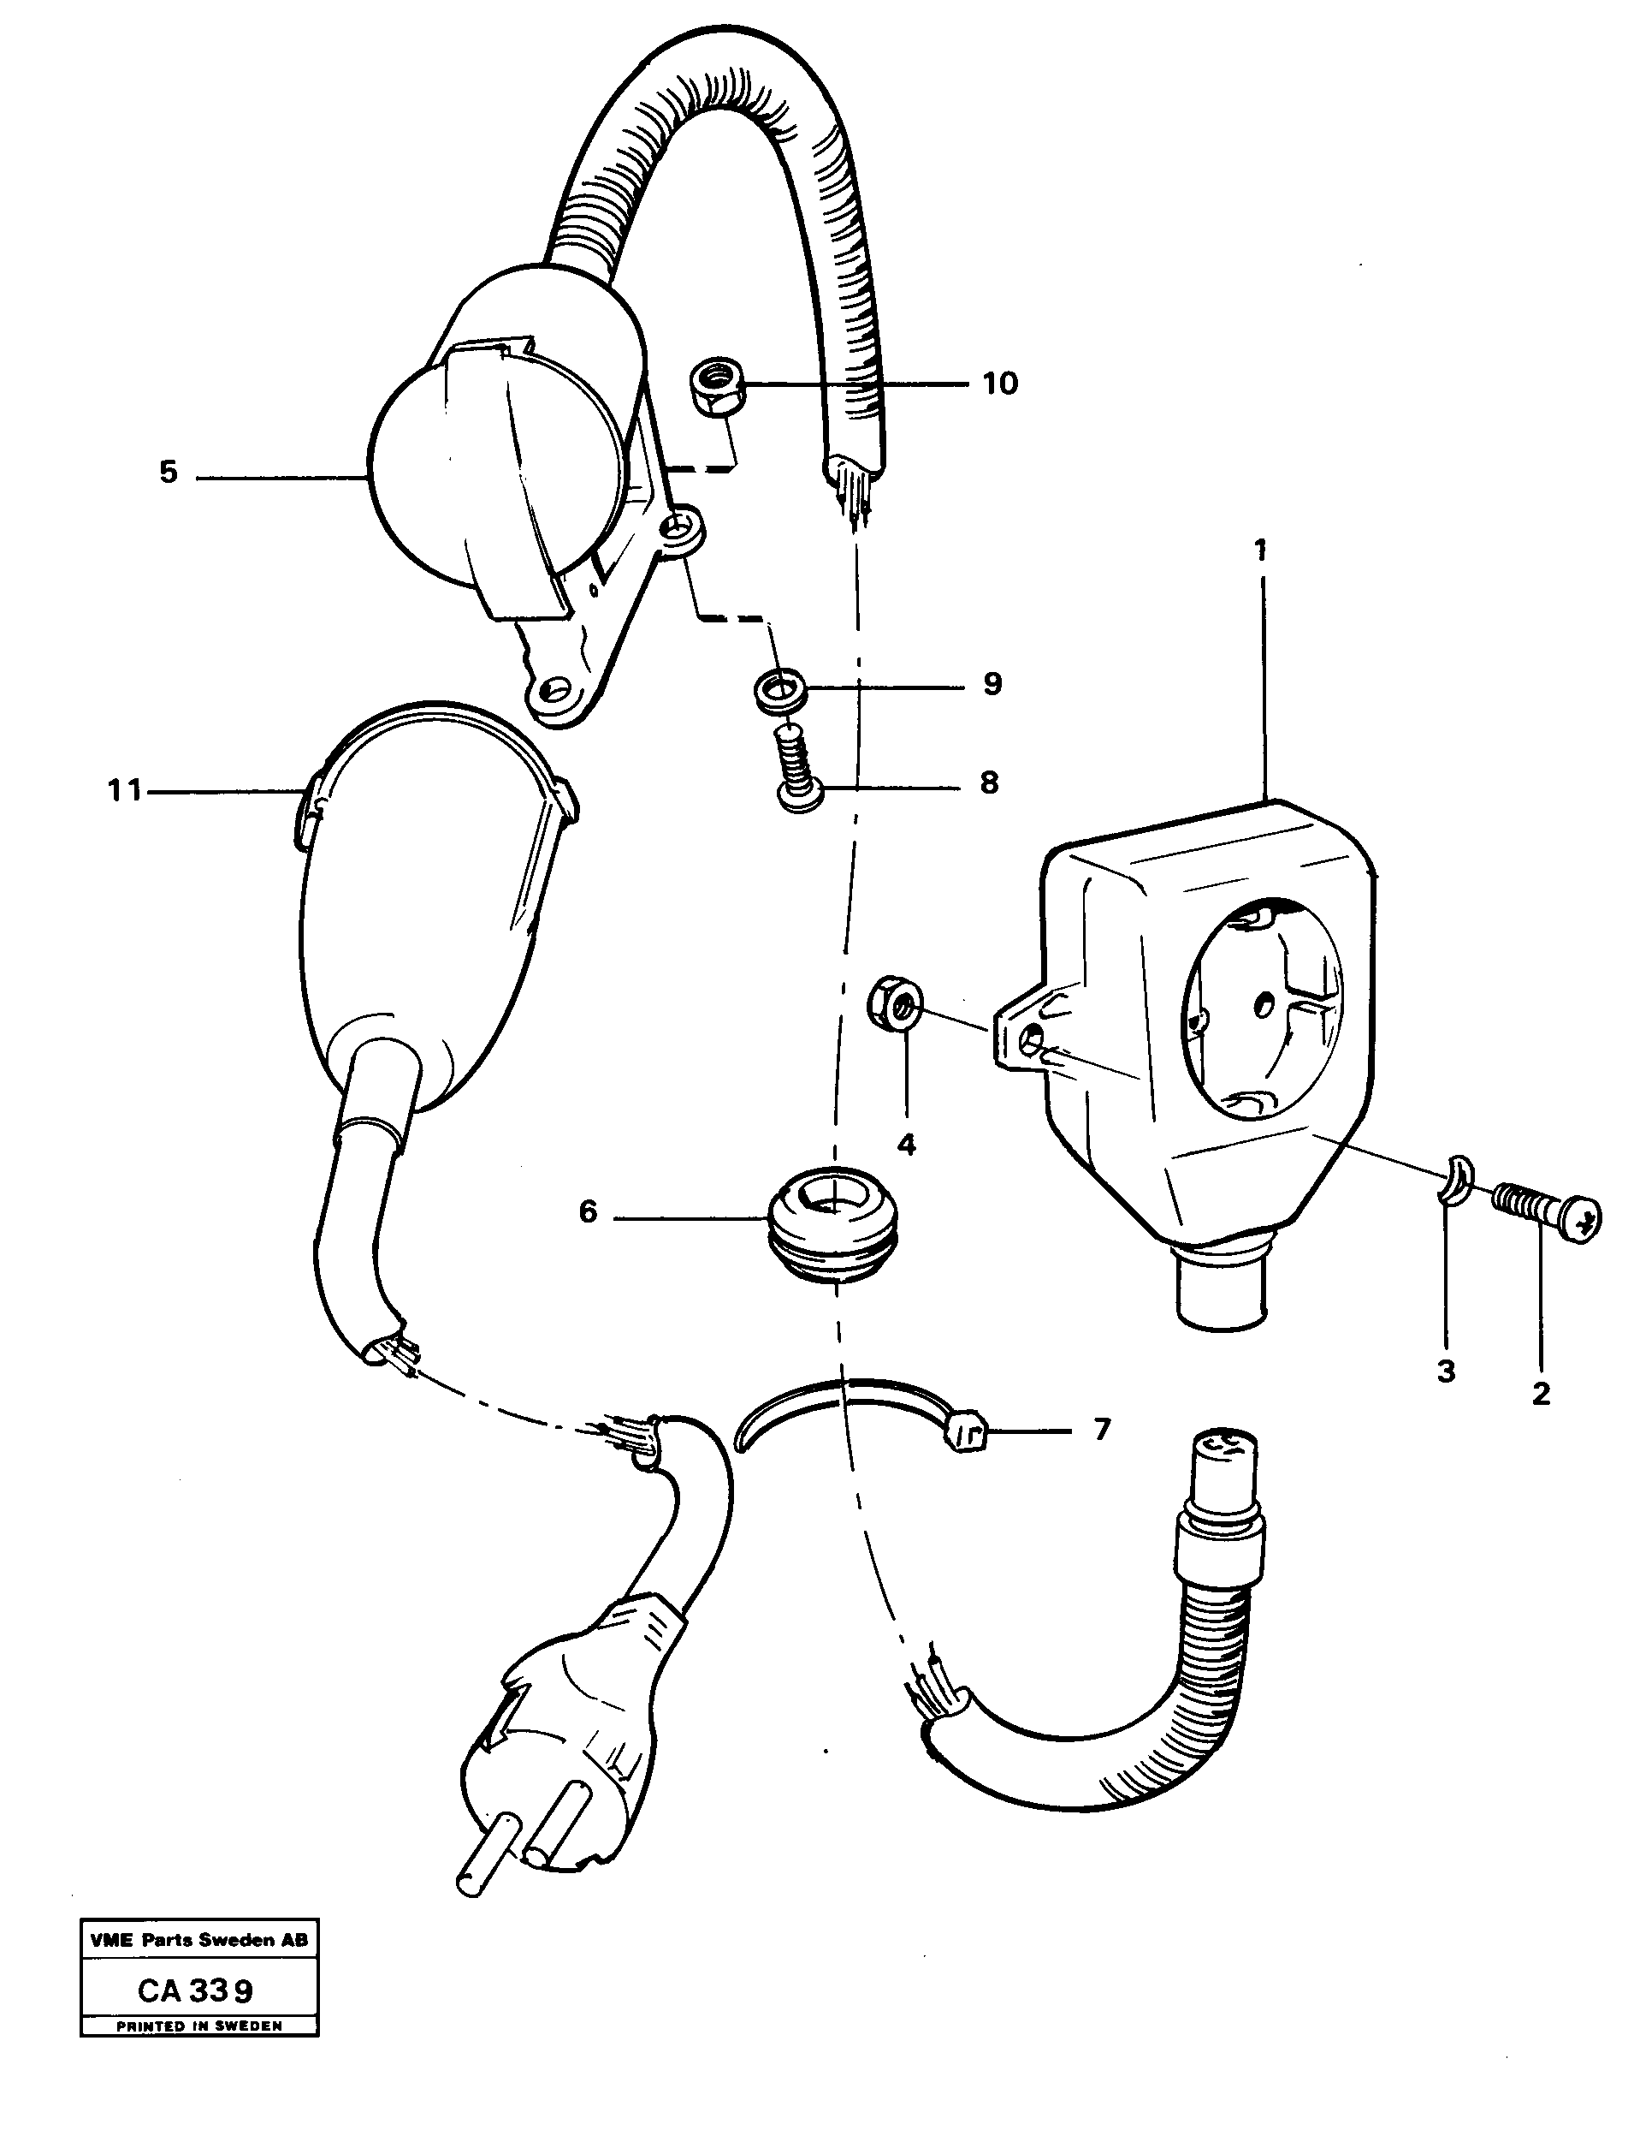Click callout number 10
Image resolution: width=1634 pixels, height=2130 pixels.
click(x=999, y=384)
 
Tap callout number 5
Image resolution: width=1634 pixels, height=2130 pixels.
click(x=169, y=474)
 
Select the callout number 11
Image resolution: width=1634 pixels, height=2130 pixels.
click(x=125, y=791)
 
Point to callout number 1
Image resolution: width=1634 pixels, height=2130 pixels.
click(x=1260, y=550)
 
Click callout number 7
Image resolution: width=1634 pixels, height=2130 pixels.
click(x=1101, y=1430)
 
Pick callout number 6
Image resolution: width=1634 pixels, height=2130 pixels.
click(x=588, y=1212)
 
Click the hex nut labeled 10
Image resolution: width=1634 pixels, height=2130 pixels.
click(x=718, y=386)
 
